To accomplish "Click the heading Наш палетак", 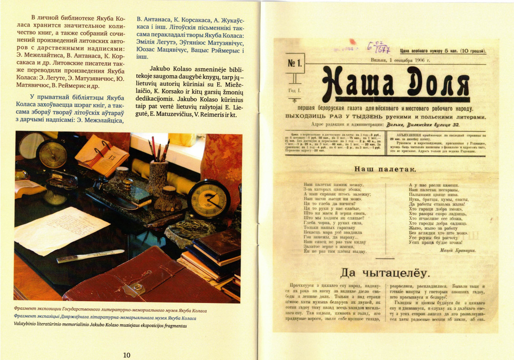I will pos(385,169).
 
